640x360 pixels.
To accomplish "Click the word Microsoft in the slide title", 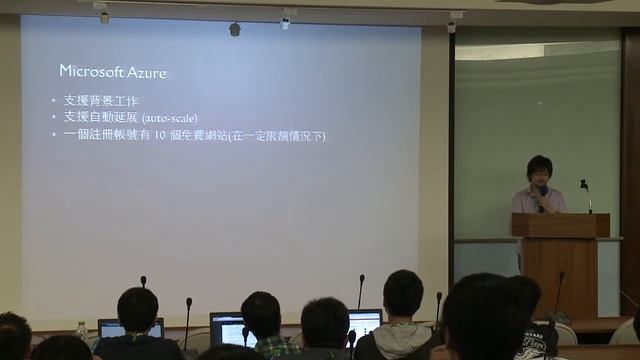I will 89,71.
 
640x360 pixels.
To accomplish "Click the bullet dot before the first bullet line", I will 54,102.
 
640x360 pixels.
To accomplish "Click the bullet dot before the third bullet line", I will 54,135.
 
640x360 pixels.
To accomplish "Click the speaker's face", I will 539,168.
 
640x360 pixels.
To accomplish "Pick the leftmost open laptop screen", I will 130,327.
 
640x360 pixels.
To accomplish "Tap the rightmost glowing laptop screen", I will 364,324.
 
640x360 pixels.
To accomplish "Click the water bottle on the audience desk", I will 81,331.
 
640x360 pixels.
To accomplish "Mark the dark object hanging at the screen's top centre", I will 235,29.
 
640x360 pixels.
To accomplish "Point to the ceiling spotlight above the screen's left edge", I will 104,15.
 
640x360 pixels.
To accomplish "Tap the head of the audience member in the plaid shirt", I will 261,313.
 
